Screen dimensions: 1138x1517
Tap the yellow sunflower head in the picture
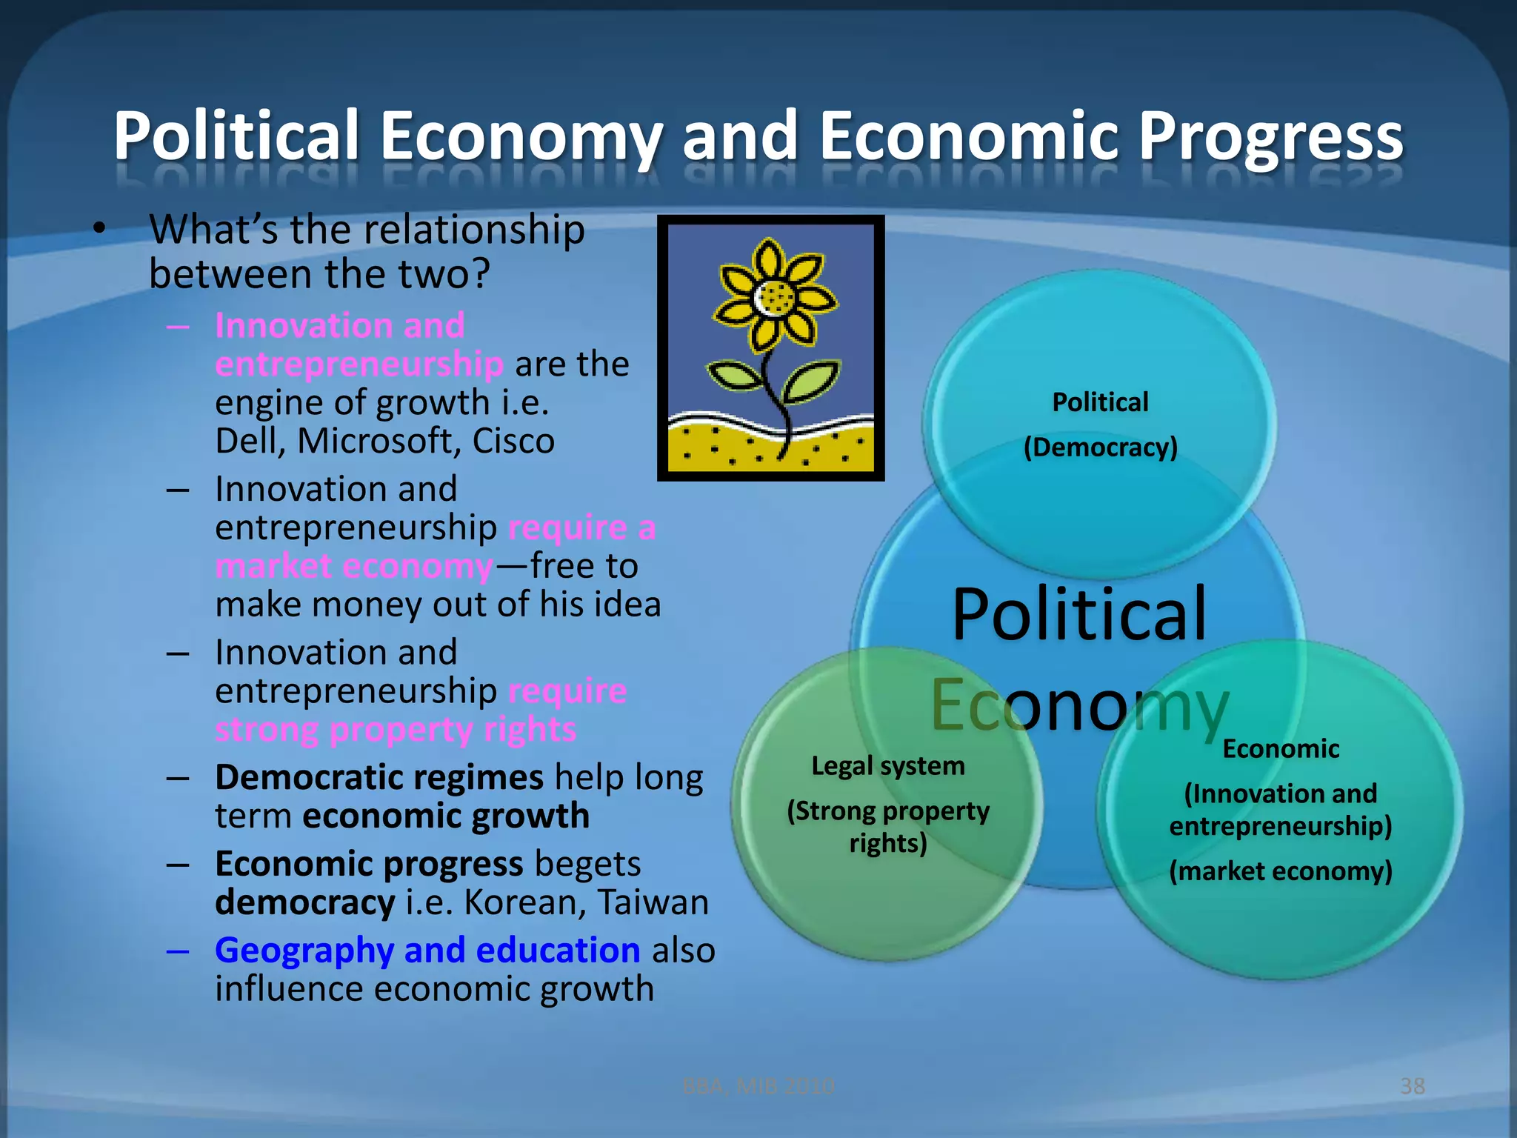pos(775,297)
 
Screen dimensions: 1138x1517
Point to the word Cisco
pos(513,441)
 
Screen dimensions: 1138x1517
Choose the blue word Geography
pos(304,951)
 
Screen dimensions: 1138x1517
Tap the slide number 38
pos(1413,1086)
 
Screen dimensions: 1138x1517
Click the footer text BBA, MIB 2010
pos(758,1086)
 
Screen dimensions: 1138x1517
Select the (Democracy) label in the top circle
pos(1100,447)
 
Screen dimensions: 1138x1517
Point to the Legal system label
pos(888,766)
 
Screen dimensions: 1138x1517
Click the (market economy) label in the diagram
pos(1281,871)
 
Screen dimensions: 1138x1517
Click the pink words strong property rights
pos(396,730)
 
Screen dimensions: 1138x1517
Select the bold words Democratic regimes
pos(379,778)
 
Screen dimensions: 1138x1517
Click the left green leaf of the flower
pos(736,376)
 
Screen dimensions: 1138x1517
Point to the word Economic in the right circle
pos(1281,749)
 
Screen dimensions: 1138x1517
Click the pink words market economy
pos(354,567)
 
